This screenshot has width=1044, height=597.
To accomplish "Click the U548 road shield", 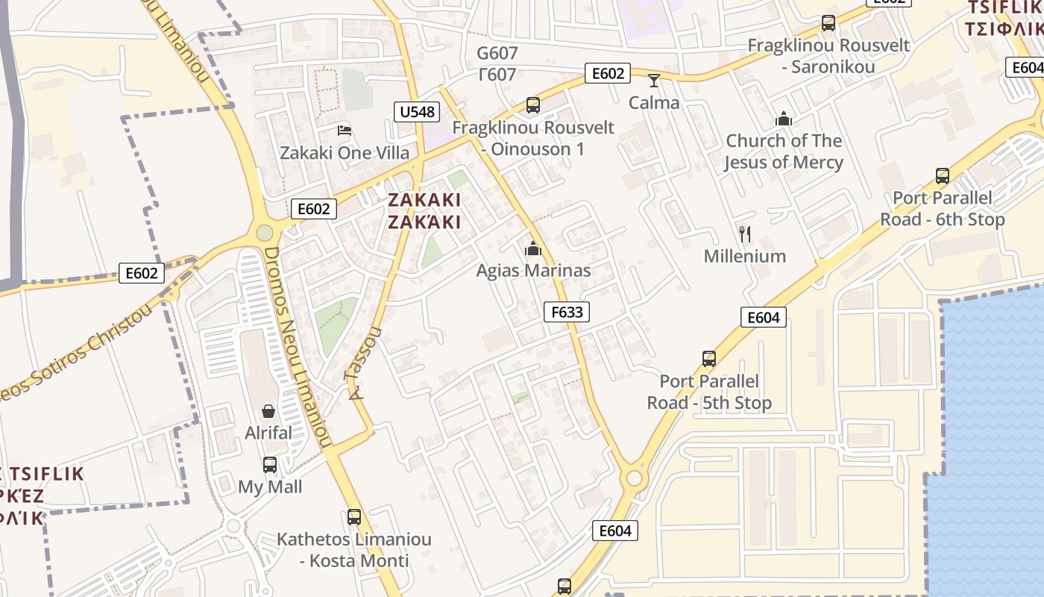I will (x=416, y=112).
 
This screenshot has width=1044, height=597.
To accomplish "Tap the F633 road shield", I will (x=567, y=311).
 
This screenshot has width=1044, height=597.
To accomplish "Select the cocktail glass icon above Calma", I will (x=654, y=81).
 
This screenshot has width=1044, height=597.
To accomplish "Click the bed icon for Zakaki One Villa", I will (x=344, y=131).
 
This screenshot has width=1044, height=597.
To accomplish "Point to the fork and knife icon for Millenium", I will (x=744, y=234).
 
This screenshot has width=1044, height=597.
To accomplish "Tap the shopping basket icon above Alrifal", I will (x=268, y=411).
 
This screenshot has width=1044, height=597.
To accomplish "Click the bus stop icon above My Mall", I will (x=270, y=465).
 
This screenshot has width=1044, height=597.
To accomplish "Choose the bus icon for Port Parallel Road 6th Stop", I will (x=943, y=176).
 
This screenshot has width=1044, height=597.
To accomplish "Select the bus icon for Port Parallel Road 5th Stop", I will (x=709, y=359).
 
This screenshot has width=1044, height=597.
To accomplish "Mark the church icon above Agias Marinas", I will (x=533, y=249).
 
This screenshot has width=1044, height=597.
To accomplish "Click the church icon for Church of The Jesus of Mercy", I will (x=784, y=119).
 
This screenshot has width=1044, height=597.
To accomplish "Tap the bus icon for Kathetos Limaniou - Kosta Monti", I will (x=354, y=516).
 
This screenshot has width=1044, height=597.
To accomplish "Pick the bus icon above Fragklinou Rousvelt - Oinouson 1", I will (x=533, y=105).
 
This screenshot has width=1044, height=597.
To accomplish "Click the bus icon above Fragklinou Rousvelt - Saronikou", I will (x=828, y=23).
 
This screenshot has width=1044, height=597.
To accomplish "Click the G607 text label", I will (x=497, y=53).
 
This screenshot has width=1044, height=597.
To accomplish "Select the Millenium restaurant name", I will (x=745, y=256).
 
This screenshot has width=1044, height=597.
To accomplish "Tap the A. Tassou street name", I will (x=363, y=363).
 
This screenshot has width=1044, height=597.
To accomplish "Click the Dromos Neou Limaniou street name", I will (x=296, y=347).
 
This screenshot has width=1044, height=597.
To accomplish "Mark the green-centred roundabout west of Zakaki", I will (x=265, y=233).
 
